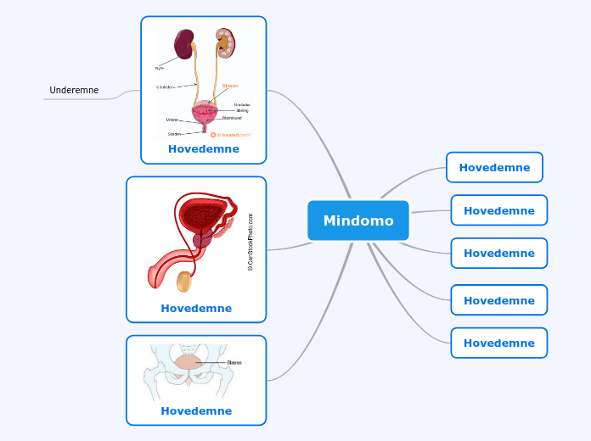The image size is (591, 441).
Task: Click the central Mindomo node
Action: tap(357, 220)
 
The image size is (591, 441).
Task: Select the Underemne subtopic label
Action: tap(74, 90)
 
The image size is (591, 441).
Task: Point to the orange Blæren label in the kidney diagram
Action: tap(230, 86)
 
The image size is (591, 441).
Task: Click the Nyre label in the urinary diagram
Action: tap(160, 68)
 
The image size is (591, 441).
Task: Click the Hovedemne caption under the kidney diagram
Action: tap(203, 149)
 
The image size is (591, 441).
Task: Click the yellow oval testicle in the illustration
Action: tap(183, 281)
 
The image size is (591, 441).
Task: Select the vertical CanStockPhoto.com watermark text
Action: tap(250, 242)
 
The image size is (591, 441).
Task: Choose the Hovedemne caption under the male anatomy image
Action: tap(196, 308)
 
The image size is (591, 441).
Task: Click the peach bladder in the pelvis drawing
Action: tap(188, 362)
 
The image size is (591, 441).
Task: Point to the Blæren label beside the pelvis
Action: tap(234, 362)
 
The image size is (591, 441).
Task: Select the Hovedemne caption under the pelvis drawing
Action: tap(196, 410)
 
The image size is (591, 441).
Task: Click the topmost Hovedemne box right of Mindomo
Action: tap(494, 167)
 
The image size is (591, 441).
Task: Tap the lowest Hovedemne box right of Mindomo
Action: tap(498, 343)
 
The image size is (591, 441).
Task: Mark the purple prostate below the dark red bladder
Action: tap(201, 240)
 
